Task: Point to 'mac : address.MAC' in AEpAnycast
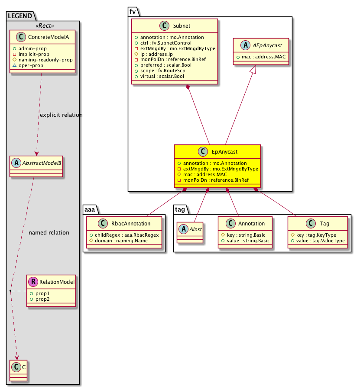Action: pos(261,57)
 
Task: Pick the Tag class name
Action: pos(324,224)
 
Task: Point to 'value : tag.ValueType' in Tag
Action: pos(321,240)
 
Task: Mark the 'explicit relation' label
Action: pos(61,115)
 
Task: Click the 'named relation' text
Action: pos(49,233)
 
